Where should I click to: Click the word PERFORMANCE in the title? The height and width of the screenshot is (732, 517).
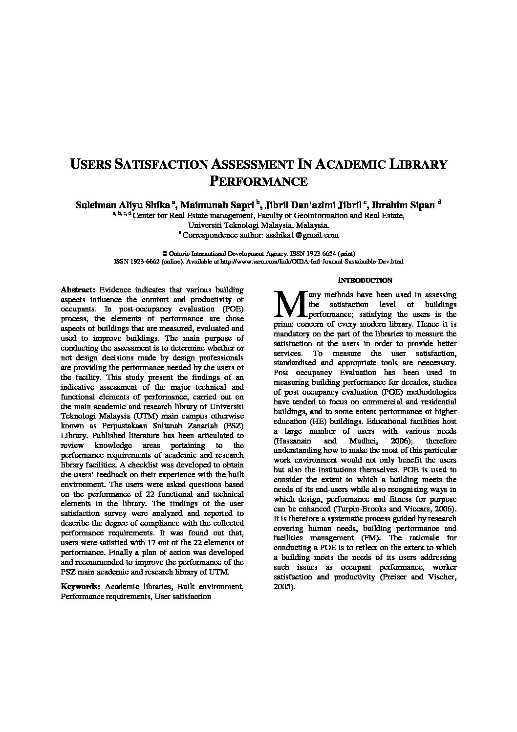click(x=258, y=181)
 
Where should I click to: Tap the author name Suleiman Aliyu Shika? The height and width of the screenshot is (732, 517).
click(x=123, y=205)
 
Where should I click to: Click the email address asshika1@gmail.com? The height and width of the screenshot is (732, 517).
click(x=302, y=235)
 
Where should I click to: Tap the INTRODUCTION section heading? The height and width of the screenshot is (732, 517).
click(x=365, y=280)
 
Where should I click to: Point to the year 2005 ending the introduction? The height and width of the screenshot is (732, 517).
click(x=283, y=587)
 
